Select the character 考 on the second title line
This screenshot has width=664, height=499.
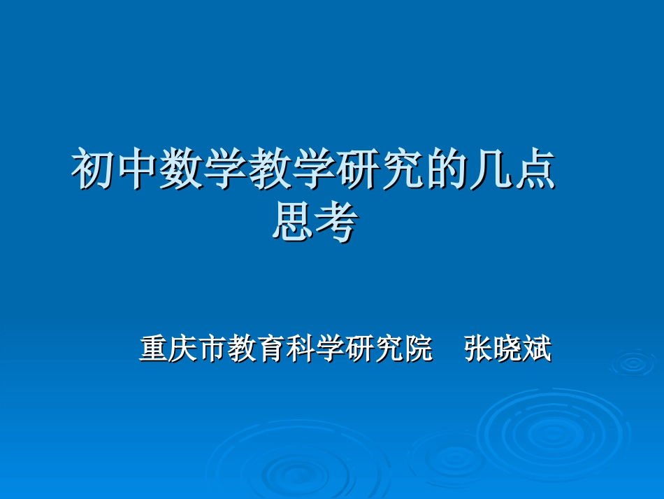pyautogui.click(x=336, y=223)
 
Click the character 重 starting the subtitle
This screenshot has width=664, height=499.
pyautogui.click(x=153, y=349)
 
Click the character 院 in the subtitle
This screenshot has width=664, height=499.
pyautogui.click(x=417, y=349)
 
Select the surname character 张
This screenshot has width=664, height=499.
pyautogui.click(x=479, y=349)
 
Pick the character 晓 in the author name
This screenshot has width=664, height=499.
pyautogui.click(x=508, y=349)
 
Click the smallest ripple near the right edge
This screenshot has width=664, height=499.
pyautogui.click(x=633, y=363)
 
